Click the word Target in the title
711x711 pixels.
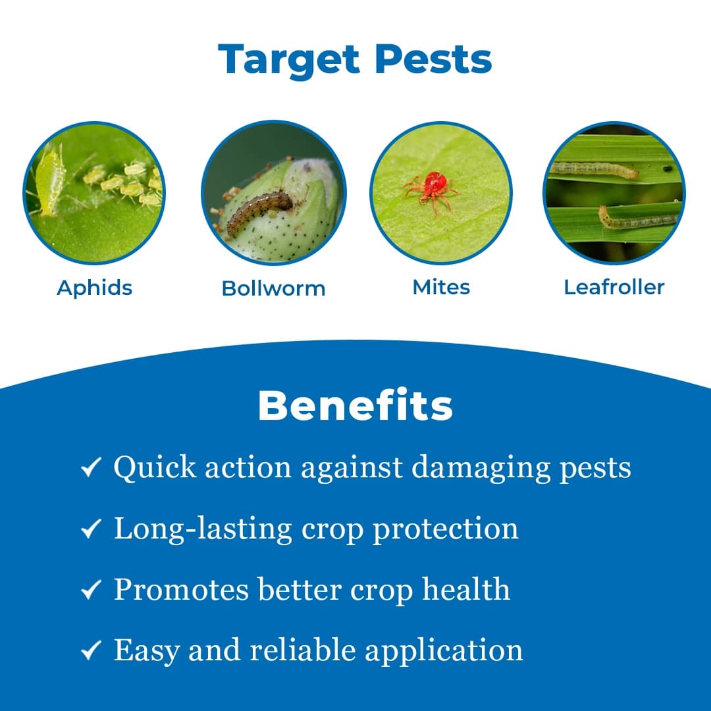(x=290, y=59)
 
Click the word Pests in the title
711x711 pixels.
(x=433, y=59)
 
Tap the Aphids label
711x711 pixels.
(x=94, y=288)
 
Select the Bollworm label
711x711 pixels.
(x=273, y=288)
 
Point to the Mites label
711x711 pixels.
(x=441, y=287)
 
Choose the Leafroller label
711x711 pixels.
(x=614, y=287)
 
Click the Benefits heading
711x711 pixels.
(x=355, y=406)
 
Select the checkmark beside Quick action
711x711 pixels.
(x=90, y=468)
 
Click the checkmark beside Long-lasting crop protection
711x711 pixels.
(x=90, y=529)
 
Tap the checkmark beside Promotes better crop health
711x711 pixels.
(x=90, y=589)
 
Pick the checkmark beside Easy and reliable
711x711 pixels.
(x=90, y=650)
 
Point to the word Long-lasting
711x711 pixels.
(x=203, y=529)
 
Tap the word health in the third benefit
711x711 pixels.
(x=465, y=589)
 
